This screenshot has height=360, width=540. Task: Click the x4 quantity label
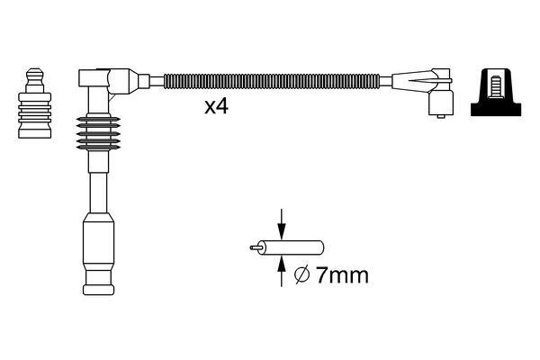[216, 106]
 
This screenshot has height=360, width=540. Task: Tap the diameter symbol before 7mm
[302, 275]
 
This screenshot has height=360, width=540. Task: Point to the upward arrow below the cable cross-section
[282, 268]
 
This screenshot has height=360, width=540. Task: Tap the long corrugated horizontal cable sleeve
[271, 80]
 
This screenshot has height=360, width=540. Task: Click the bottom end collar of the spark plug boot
[98, 288]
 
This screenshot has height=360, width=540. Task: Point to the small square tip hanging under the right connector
[441, 108]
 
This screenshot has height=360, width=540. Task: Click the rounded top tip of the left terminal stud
[35, 72]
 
